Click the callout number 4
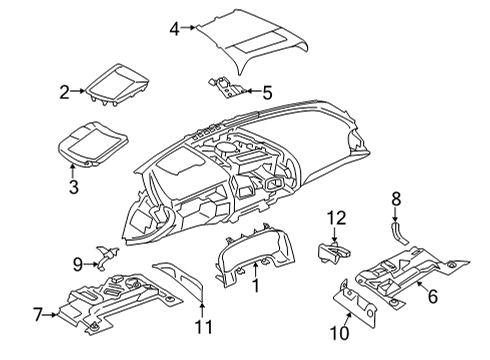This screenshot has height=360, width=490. pos(174,29)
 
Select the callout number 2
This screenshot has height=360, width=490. pos(64,93)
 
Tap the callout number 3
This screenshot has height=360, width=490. pos(72,185)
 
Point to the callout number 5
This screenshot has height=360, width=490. pos(266,93)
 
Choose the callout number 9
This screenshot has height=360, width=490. pos(77,264)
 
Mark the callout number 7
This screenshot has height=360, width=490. pos(38,315)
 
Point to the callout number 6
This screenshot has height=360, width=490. pos(434,297)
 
